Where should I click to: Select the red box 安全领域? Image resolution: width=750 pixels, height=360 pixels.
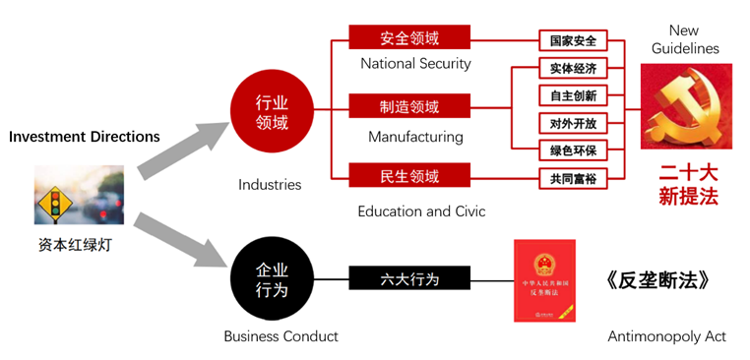pos(409,39)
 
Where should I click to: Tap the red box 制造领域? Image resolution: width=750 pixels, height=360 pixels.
pos(409,106)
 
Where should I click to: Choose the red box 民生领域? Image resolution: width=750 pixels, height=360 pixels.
pos(409,176)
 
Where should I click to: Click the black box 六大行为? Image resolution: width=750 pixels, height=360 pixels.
pos(409,279)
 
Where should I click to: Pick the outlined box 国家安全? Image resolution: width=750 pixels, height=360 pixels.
pos(572,41)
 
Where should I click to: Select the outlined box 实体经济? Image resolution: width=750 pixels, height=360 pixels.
pos(572,69)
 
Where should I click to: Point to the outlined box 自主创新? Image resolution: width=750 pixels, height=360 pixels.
pos(572,96)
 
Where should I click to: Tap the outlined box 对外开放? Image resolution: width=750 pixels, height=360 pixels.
pos(572,124)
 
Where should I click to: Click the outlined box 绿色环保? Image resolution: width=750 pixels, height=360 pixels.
pos(572,150)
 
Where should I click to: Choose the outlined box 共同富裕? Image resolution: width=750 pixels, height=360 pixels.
pos(572,179)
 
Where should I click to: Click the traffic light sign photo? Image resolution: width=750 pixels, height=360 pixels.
pos(65,196)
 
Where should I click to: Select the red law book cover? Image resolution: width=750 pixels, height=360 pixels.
pos(544,280)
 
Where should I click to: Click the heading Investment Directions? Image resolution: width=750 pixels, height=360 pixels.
pos(85,137)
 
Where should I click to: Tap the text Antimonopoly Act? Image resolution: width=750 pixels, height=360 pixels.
pos(666,336)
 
